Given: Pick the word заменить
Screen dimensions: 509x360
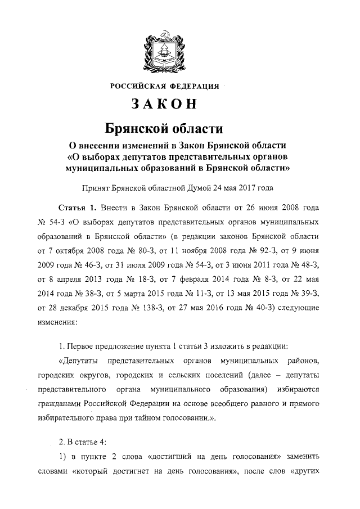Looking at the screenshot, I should tap(304, 469).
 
